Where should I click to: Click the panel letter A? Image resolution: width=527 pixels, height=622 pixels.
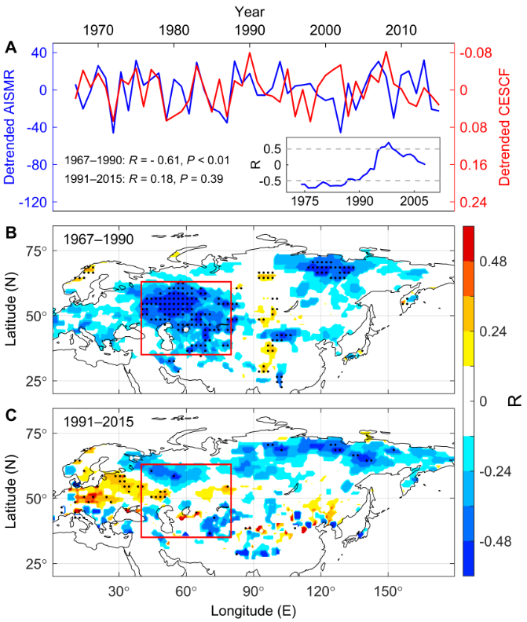[11, 47]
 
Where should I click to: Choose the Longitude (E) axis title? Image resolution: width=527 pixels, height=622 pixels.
[253, 609]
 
